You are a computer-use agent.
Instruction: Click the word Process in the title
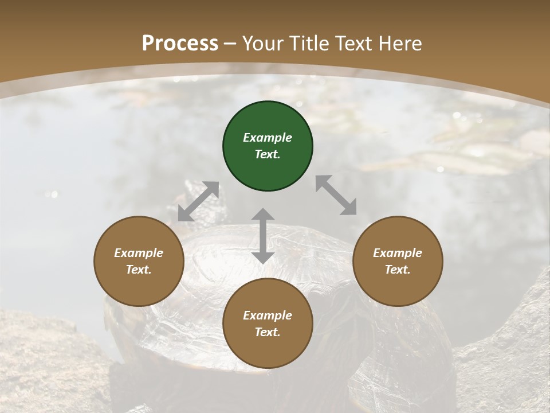(180, 44)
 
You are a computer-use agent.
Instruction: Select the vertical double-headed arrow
(263, 236)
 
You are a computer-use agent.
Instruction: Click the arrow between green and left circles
(198, 201)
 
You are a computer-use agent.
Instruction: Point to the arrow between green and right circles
(336, 195)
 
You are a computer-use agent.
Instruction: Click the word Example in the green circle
(268, 138)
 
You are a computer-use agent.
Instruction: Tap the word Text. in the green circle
(268, 154)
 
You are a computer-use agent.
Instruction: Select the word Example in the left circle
(139, 253)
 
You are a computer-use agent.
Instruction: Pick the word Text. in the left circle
(139, 270)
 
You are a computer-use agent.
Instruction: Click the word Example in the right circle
(397, 253)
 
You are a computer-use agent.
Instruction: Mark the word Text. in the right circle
(397, 270)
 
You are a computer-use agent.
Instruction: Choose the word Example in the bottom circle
(268, 315)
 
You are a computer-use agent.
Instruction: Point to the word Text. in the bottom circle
(268, 332)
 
